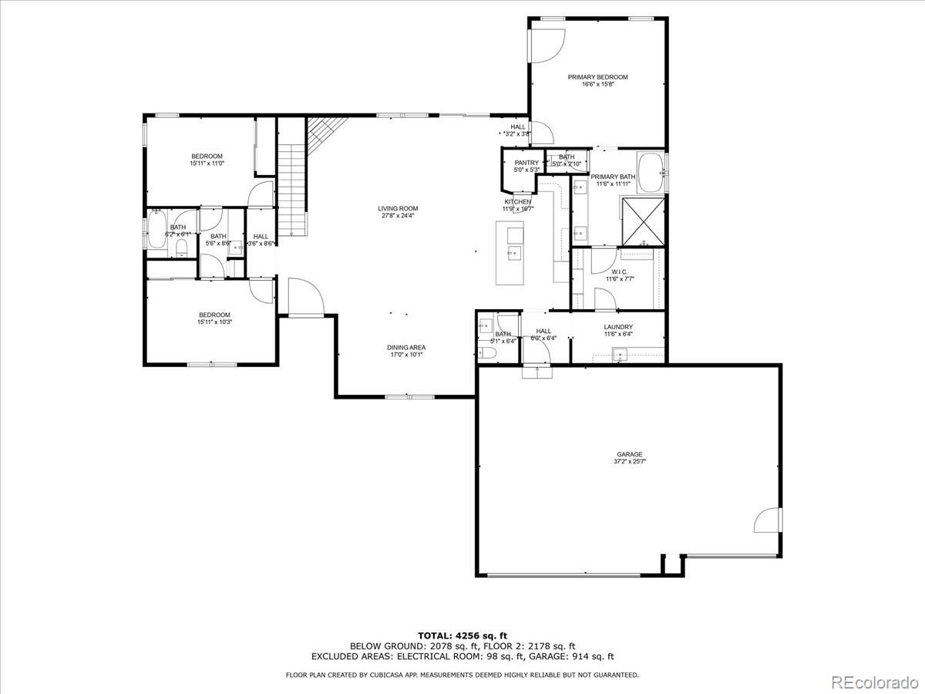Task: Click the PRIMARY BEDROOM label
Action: (597, 77)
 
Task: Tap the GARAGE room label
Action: (629, 454)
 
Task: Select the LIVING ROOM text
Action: (398, 208)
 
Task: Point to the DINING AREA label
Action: (406, 348)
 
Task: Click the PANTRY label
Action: (526, 163)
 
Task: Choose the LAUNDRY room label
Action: (618, 327)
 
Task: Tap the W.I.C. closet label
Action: (619, 271)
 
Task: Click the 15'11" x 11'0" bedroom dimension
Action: (206, 163)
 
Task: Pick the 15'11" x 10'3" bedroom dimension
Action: (214, 322)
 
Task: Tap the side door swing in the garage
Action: (768, 520)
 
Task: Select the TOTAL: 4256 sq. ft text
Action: (462, 635)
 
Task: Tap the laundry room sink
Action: (621, 355)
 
